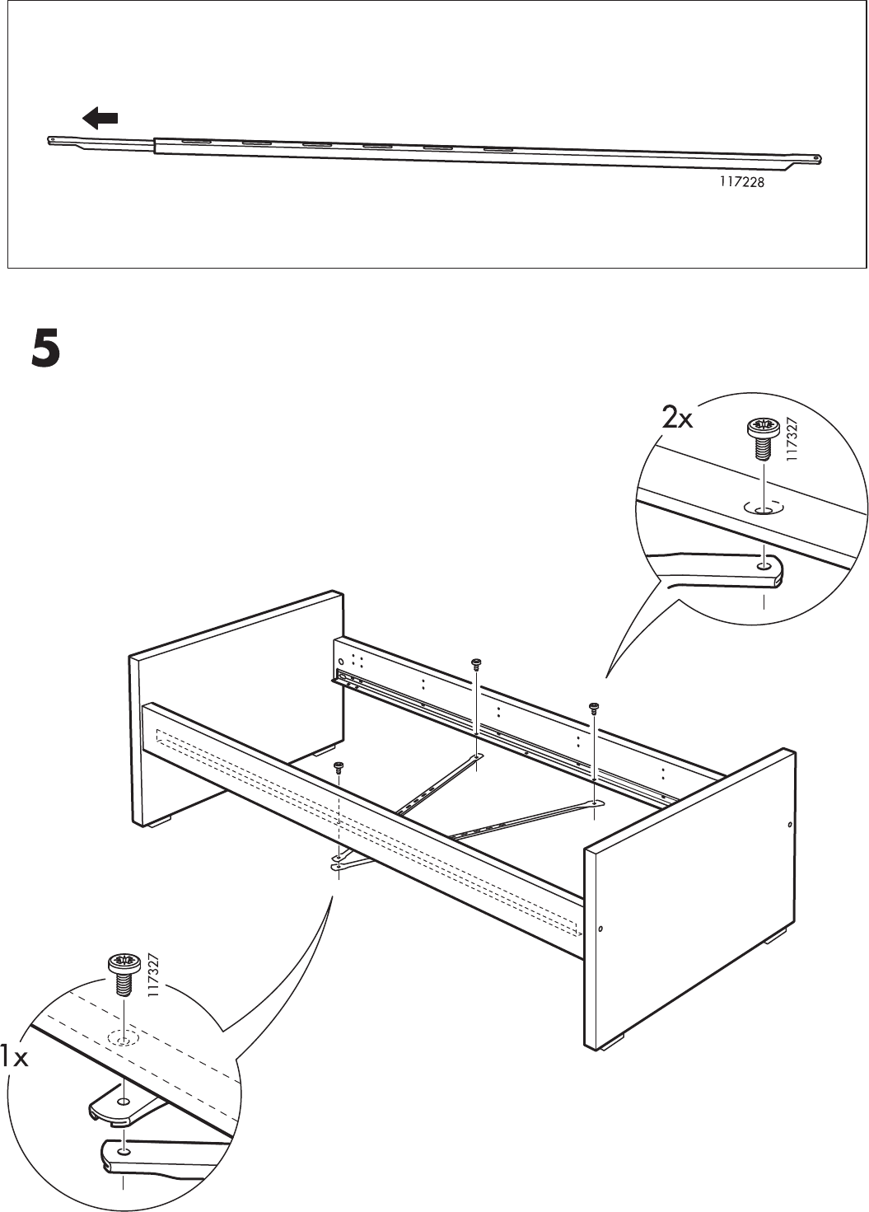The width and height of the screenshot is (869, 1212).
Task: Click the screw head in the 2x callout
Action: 763,428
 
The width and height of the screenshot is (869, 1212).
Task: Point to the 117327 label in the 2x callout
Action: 792,443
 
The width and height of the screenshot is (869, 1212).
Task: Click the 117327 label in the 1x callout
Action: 153,976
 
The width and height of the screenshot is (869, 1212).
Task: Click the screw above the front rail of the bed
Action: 339,768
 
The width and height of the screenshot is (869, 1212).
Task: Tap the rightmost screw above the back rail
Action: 594,706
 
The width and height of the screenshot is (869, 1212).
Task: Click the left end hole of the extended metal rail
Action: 53,139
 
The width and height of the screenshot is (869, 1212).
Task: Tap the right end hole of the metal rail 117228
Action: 816,158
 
